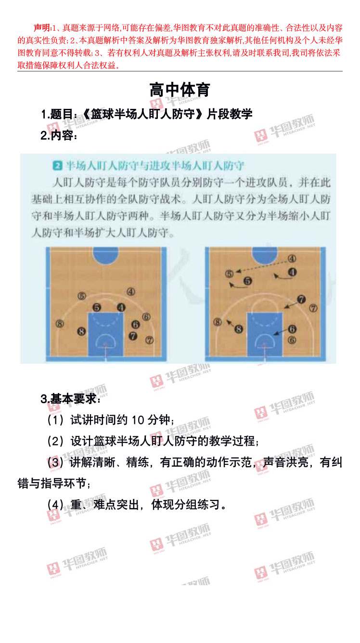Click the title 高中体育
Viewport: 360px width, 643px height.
(x=180, y=90)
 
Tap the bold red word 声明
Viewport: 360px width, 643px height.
(x=42, y=27)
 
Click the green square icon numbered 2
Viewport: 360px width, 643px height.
(x=58, y=166)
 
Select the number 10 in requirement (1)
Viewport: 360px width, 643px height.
(x=138, y=420)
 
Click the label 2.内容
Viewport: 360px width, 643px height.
(x=59, y=135)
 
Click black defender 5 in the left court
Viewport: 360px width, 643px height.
(x=97, y=308)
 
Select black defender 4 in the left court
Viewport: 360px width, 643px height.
(x=121, y=307)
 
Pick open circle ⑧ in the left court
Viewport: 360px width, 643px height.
(x=60, y=324)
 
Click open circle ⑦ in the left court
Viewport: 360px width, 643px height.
(x=150, y=341)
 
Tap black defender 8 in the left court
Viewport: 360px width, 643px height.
(x=81, y=331)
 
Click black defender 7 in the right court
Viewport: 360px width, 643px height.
(x=301, y=300)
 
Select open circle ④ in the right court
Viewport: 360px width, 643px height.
(x=292, y=259)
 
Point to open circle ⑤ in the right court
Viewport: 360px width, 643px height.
(x=229, y=274)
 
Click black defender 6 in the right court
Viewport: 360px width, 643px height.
(x=292, y=329)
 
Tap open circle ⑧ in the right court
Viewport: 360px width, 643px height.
(x=218, y=322)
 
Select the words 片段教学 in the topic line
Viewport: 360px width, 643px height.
(x=230, y=114)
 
